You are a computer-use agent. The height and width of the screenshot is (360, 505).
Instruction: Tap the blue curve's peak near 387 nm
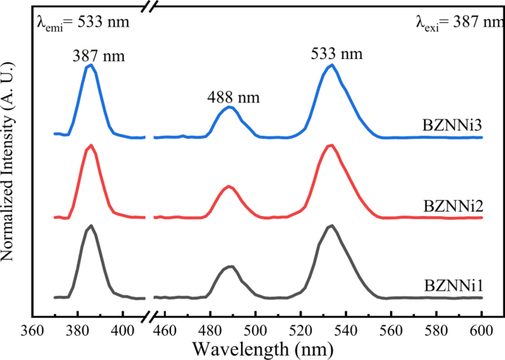pyautogui.click(x=90, y=66)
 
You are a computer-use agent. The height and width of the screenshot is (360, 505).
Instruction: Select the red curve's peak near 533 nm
pyautogui.click(x=331, y=145)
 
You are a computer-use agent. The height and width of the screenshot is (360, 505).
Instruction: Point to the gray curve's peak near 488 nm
pyautogui.click(x=230, y=266)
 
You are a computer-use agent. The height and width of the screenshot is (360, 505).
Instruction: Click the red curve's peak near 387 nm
pyautogui.click(x=90, y=145)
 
